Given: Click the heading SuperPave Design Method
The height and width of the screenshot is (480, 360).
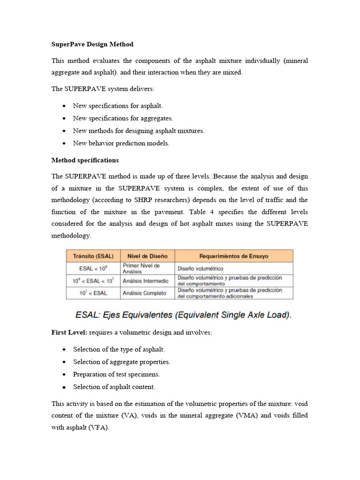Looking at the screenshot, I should point(92,44).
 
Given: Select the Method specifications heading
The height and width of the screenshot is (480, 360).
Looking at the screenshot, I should point(85,160).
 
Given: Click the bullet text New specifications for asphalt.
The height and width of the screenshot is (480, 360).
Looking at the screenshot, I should point(118,106).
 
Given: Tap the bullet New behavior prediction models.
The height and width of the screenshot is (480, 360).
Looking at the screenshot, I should point(121,143).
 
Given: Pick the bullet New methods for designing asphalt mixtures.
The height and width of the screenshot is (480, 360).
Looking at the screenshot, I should point(139,131).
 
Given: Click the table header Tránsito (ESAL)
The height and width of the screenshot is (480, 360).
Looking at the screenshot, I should point(93,256).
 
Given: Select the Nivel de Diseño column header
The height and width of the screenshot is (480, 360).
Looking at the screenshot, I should point(147,256).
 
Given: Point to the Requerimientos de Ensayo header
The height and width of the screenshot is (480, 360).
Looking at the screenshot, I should point(234,256).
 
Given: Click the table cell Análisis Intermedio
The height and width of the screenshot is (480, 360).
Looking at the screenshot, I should point(145,281).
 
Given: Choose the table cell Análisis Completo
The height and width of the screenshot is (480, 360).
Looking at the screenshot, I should point(144,293).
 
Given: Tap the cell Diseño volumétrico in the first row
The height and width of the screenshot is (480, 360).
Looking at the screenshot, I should point(200,269).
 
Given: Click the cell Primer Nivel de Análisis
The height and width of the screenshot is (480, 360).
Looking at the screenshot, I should point(141,269).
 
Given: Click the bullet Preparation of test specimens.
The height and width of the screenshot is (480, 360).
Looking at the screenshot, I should point(116,375).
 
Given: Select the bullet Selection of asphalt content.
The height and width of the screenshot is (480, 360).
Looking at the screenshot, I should point(114,387).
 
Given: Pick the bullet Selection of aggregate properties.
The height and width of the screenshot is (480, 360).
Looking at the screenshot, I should point(121,362).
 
